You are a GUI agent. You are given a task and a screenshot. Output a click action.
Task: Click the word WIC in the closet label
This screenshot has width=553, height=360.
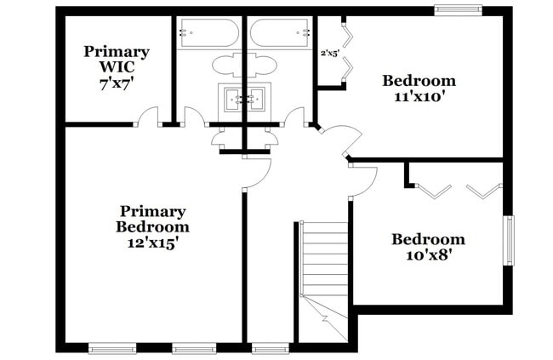(117, 67)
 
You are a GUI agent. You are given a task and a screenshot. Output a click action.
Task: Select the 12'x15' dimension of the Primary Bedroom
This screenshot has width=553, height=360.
(153, 243)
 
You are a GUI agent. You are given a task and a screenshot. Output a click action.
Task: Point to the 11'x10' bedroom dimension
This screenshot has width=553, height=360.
(419, 97)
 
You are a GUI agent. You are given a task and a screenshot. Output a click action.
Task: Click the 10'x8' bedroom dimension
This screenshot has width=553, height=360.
(428, 254)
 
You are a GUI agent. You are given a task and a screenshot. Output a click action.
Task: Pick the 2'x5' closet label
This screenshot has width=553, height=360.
(329, 53)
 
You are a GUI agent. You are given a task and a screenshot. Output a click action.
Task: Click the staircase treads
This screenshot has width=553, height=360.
(325, 260)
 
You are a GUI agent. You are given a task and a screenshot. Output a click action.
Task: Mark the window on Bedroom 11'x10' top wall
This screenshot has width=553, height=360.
(458, 10)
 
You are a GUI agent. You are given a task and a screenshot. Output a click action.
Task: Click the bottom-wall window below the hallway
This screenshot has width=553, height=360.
(269, 347)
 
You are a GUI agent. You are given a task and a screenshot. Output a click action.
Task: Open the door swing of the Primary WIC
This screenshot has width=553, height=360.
(149, 117)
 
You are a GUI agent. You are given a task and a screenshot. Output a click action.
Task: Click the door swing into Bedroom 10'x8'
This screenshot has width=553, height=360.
(364, 177)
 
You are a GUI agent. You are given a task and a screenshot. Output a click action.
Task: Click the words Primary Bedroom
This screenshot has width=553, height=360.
(153, 219)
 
